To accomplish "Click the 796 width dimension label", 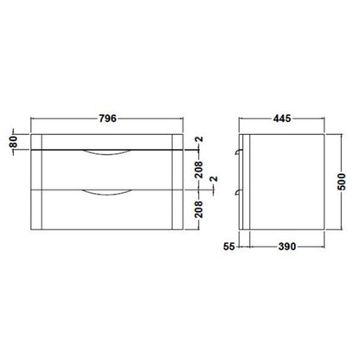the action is pyautogui.click(x=107, y=119).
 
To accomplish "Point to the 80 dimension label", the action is pyautogui.click(x=14, y=142).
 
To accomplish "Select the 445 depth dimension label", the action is pyautogui.click(x=282, y=119).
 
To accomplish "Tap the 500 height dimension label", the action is pyautogui.click(x=342, y=182).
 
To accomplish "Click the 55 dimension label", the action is pyautogui.click(x=229, y=247).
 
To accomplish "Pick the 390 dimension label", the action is pyautogui.click(x=287, y=247).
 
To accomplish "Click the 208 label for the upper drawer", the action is pyautogui.click(x=199, y=170).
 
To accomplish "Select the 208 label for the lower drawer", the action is pyautogui.click(x=199, y=209).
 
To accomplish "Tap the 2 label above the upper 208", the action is pyautogui.click(x=199, y=139).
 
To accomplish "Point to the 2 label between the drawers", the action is pyautogui.click(x=214, y=179).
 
